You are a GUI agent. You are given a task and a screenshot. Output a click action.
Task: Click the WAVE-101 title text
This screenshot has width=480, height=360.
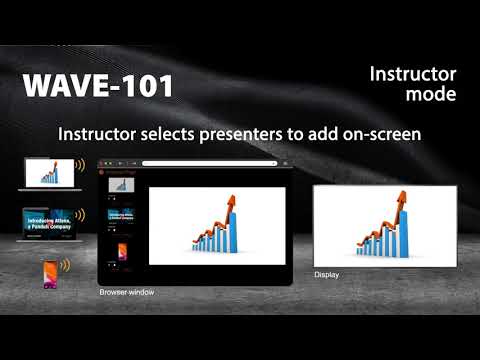[97, 86]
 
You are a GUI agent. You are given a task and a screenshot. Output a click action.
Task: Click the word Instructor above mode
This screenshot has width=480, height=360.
[412, 75]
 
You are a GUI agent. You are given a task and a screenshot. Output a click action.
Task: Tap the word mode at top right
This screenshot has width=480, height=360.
[432, 95]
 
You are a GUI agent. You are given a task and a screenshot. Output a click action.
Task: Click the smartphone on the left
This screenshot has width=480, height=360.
[49, 273]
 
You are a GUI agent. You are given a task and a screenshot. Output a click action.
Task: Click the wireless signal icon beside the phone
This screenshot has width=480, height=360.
[67, 267]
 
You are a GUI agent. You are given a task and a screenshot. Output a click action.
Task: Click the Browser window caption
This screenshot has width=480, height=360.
[125, 293]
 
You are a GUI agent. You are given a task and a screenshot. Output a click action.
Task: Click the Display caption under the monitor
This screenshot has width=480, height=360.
[327, 274]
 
